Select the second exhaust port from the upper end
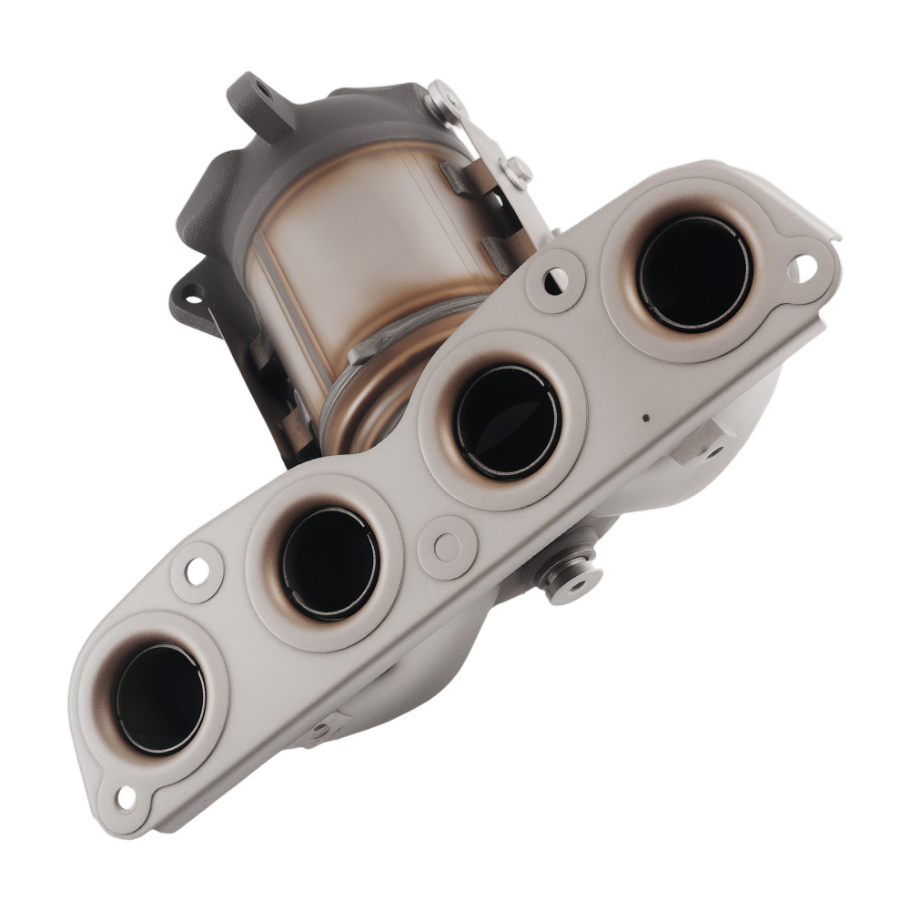pyautogui.click(x=507, y=421)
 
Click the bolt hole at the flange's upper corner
pyautogui.click(x=804, y=267)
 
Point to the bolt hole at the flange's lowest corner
pyautogui.click(x=126, y=798)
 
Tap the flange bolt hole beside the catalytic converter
pyautogui.click(x=552, y=279)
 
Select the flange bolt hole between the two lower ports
pyautogui.click(x=197, y=571)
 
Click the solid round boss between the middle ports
pyautogui.click(x=447, y=547)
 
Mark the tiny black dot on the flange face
pyautogui.click(x=645, y=419)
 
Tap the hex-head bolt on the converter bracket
pyautogui.click(x=517, y=169)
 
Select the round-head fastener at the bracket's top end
pyautogui.click(x=445, y=96)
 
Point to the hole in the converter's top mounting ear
pyautogui.click(x=262, y=89)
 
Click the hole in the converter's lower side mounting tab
pyautogui.click(x=192, y=295)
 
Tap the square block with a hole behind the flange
pyautogui.click(x=705, y=443)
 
